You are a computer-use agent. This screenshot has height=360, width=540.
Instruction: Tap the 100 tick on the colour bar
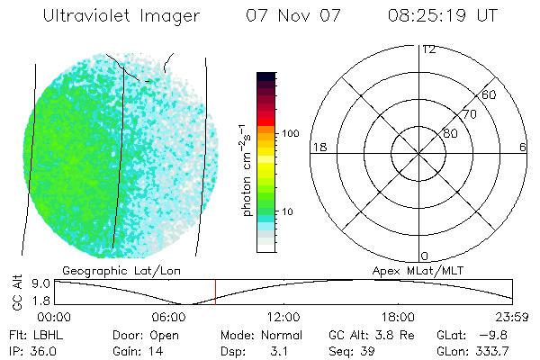(291, 133)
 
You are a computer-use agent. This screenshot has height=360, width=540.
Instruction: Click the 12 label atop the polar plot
(428, 49)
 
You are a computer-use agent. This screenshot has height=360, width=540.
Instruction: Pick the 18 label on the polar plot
(318, 147)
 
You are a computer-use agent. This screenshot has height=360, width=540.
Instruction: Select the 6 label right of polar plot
(523, 147)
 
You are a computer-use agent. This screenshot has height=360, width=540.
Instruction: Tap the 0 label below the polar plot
(425, 256)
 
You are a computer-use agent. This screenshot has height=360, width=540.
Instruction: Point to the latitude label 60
(490, 94)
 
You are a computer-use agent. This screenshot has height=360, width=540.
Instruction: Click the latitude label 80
(450, 133)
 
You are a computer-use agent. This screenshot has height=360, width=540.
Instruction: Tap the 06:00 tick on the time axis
(169, 317)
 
